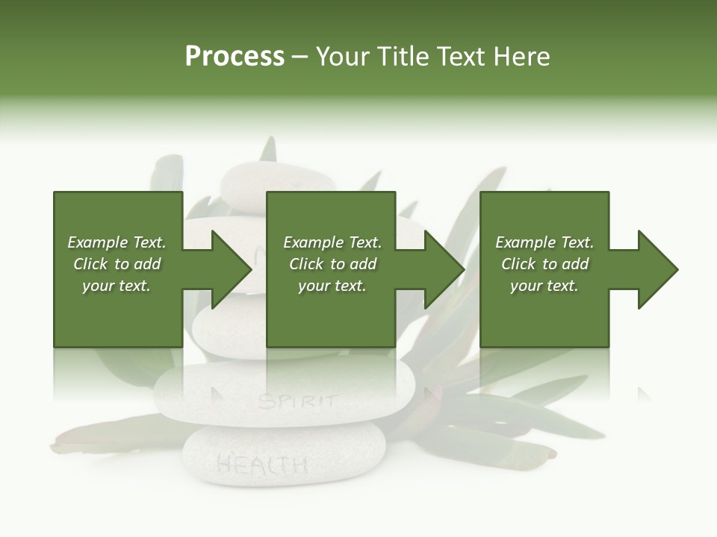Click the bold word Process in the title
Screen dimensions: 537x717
click(235, 57)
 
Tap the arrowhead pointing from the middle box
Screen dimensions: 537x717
click(444, 269)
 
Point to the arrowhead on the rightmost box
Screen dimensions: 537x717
click(657, 269)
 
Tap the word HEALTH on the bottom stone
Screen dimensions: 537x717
click(261, 465)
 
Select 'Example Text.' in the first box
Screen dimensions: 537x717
click(117, 242)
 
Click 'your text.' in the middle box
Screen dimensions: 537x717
click(332, 286)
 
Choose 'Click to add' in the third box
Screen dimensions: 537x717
click(544, 264)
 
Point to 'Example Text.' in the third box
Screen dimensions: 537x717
click(544, 242)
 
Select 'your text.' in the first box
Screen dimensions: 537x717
click(117, 286)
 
